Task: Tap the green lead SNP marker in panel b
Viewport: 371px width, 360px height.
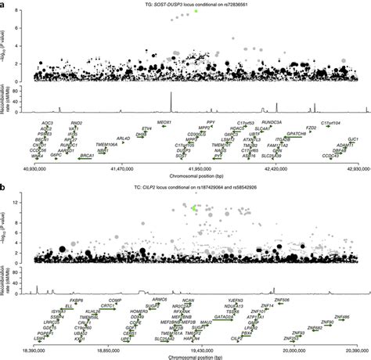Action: [x=194, y=207]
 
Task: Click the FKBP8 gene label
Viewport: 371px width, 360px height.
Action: [x=76, y=299]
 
